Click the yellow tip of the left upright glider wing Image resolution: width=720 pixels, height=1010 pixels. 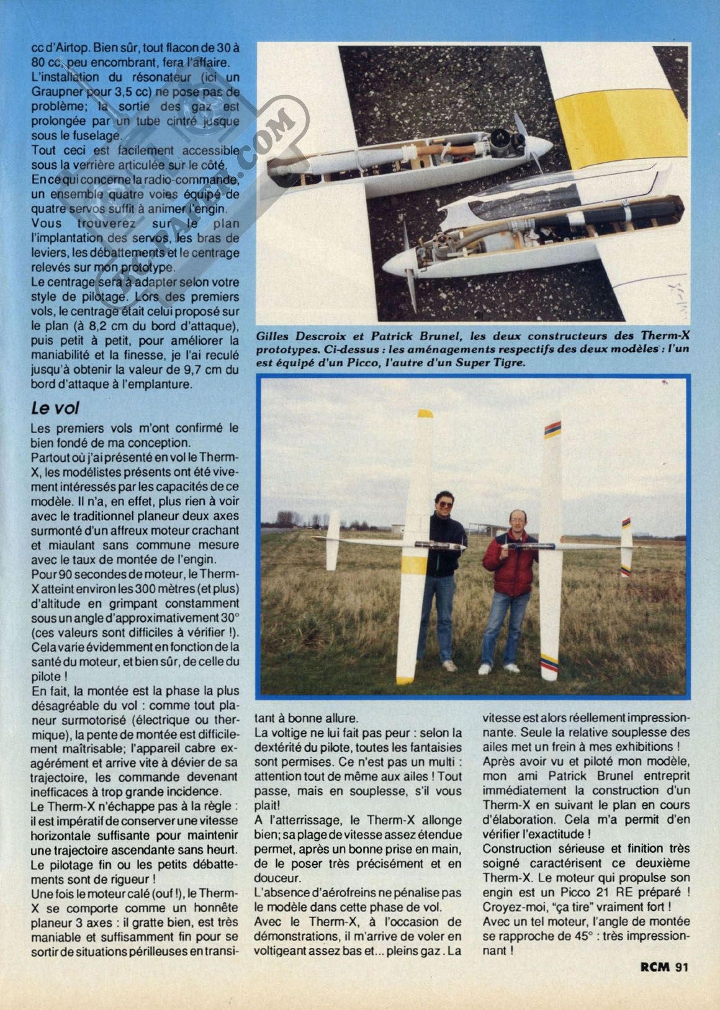[425, 414]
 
